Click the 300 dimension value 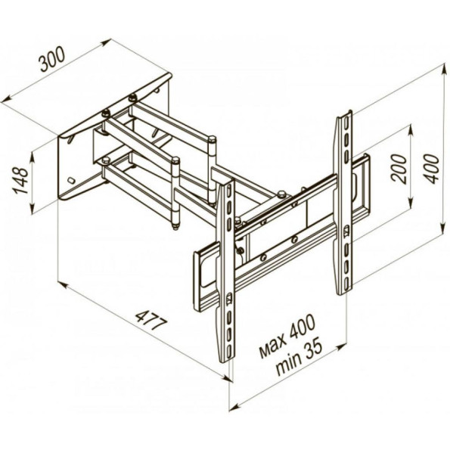52,59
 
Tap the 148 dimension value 20,180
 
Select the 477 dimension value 151,320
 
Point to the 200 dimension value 399,169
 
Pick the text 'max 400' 287,336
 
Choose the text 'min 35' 299,357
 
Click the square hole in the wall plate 70,181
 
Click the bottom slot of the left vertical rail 229,351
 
